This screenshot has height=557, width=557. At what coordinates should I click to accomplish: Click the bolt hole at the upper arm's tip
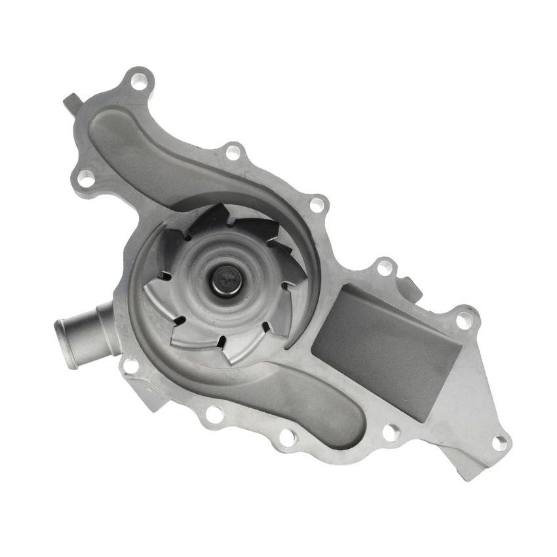(139, 82)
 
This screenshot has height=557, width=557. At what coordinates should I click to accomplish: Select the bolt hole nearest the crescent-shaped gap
(317, 204)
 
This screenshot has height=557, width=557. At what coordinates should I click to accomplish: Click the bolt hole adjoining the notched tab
(384, 267)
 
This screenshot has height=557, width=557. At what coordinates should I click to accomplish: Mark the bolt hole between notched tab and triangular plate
(463, 320)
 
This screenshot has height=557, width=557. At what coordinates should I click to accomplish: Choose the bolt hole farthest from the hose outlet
(499, 442)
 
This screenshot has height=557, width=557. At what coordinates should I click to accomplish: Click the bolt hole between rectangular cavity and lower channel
(390, 432)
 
